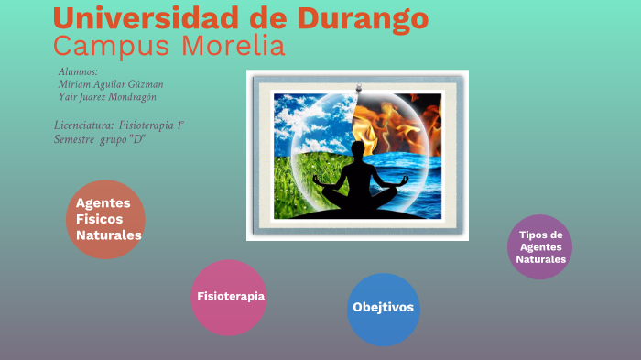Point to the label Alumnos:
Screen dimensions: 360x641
[x=78, y=71]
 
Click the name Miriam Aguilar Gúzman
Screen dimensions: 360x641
[x=111, y=84]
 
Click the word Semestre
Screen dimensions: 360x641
[x=76, y=139]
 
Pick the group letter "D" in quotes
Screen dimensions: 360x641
[x=138, y=139]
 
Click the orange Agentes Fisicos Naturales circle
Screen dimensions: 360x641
[x=106, y=219]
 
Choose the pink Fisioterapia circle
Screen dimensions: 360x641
[x=229, y=297]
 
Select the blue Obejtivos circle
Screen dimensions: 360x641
[x=384, y=308]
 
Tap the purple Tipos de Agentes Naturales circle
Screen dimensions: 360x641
[x=540, y=247]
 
